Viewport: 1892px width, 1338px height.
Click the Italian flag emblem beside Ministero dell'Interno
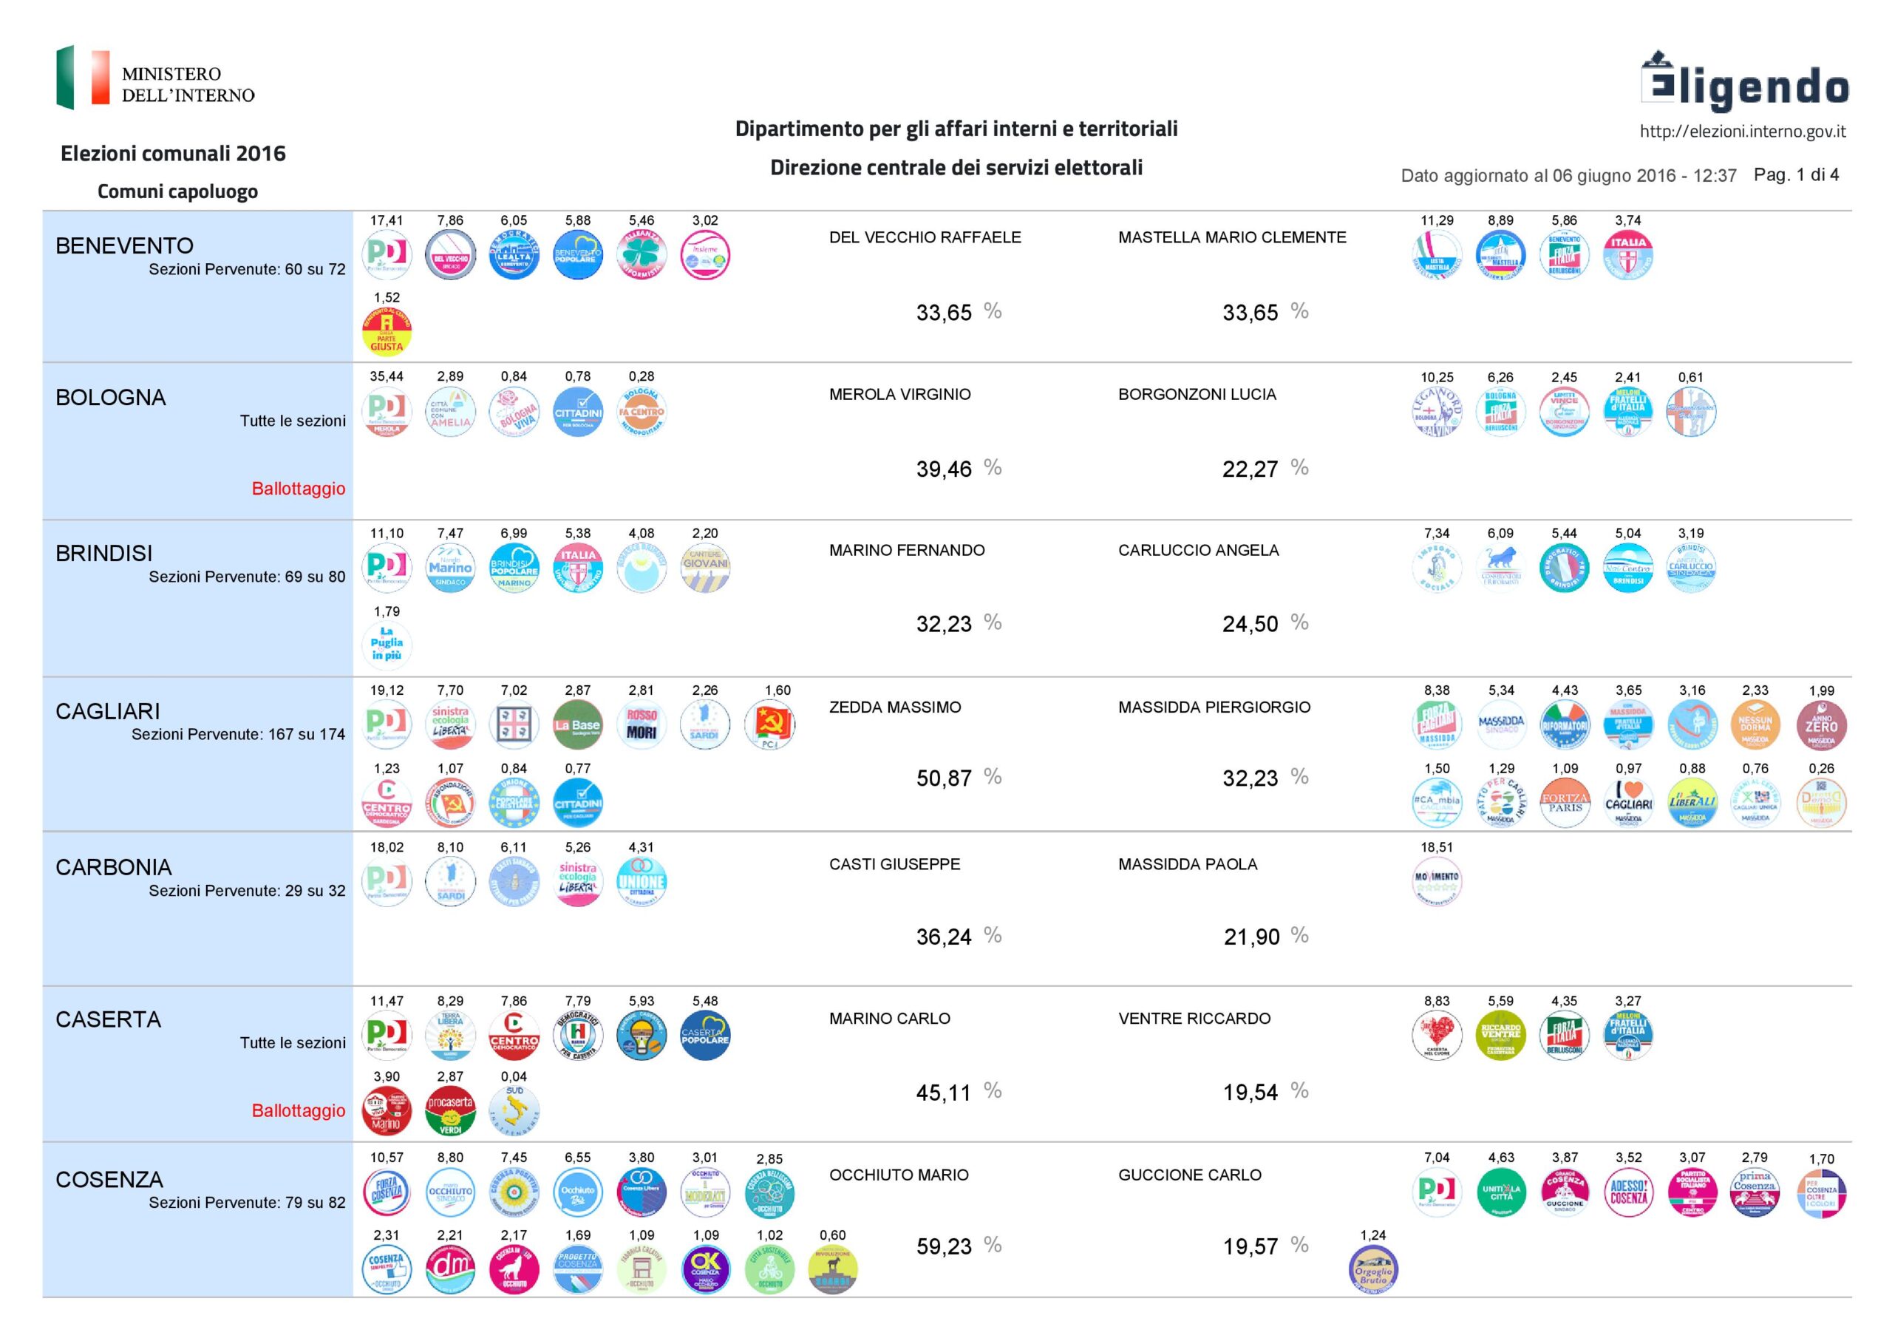point(82,78)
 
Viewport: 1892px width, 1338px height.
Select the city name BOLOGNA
point(110,398)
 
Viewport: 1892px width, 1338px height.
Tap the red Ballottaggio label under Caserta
point(299,1110)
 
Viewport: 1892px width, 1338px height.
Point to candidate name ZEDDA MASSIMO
point(895,707)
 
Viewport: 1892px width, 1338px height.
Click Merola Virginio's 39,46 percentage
point(945,469)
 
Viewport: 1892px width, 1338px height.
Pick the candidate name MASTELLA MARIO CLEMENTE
point(1232,237)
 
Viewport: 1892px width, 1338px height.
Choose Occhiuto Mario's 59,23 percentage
point(945,1246)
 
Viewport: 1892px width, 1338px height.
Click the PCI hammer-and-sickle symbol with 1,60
point(769,724)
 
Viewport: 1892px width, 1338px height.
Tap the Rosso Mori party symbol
point(641,724)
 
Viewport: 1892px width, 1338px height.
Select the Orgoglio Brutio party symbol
point(1373,1269)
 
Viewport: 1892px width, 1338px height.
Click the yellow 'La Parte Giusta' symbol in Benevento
point(387,331)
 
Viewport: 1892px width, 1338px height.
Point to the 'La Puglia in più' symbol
point(387,644)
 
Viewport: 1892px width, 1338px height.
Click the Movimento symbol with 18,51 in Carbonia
point(1436,882)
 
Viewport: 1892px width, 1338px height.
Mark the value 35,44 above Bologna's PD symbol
point(387,377)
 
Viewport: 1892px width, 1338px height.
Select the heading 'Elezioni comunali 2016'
point(173,153)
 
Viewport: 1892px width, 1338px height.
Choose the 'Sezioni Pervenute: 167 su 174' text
point(238,735)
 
